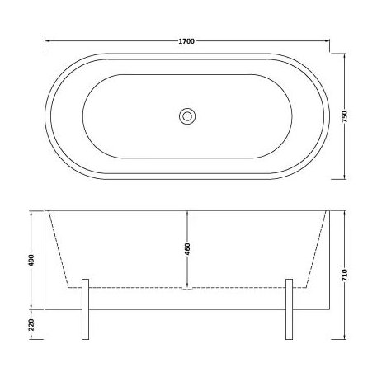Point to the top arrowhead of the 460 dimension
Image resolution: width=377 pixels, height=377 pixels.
187,214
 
